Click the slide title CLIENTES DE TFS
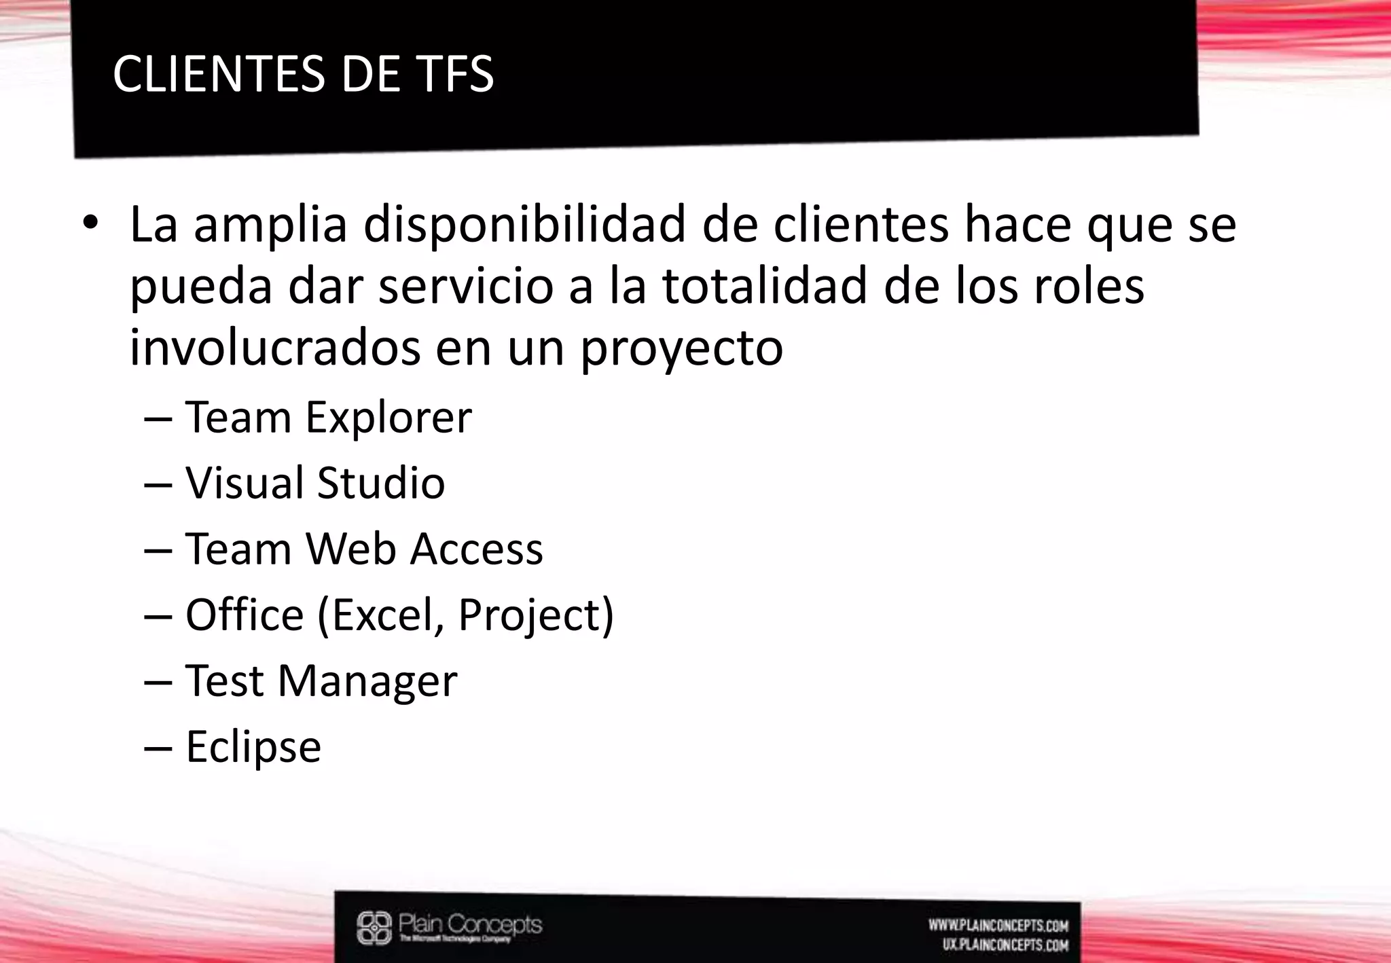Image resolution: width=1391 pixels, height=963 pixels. (303, 74)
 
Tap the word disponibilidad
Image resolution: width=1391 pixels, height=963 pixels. (524, 225)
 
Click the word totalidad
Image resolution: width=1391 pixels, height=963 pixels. (764, 286)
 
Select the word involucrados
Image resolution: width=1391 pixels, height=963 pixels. (274, 347)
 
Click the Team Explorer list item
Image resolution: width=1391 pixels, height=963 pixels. (328, 417)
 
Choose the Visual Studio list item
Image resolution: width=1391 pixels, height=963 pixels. (315, 483)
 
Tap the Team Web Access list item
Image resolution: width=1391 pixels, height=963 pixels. (364, 549)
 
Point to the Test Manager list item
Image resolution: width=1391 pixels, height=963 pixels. (321, 680)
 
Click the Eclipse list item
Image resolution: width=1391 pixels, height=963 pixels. (253, 747)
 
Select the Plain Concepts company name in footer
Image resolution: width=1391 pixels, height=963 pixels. (470, 925)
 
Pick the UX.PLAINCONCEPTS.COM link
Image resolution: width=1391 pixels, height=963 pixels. (1005, 945)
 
